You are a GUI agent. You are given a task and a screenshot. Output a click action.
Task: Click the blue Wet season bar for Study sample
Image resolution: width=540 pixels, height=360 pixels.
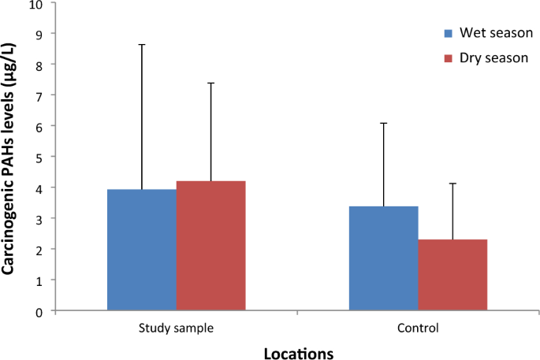(x=141, y=250)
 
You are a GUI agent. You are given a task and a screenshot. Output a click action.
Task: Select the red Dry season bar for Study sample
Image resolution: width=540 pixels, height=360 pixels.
(x=210, y=246)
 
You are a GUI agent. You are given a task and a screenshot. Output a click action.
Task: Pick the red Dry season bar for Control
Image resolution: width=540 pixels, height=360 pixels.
(x=452, y=275)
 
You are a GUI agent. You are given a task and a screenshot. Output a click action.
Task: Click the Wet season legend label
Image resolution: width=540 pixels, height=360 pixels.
(x=496, y=34)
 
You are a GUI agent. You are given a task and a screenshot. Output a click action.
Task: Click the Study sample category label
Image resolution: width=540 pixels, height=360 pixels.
(x=176, y=328)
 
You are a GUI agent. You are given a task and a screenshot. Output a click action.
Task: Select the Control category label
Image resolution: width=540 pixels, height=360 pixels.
(x=418, y=328)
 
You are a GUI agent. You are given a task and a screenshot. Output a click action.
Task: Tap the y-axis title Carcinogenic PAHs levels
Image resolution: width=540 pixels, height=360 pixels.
(x=9, y=157)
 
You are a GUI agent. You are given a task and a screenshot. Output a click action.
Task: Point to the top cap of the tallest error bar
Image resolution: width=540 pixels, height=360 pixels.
(x=142, y=45)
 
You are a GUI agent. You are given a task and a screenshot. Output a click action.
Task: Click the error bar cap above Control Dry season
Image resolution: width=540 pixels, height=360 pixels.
(x=452, y=184)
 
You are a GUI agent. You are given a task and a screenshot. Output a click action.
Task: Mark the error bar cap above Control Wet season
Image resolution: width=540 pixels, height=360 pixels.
(x=384, y=123)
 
